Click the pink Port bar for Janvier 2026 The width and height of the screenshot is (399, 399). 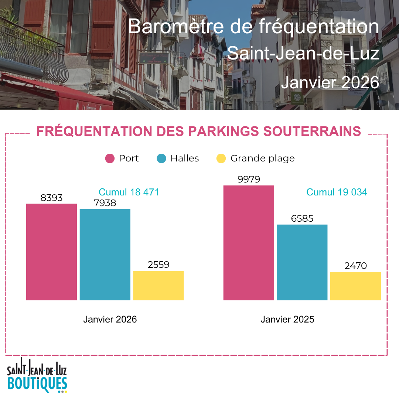[x=51, y=252]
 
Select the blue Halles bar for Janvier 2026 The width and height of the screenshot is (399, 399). [x=105, y=255]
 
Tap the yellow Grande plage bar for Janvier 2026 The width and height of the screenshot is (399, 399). [x=158, y=286]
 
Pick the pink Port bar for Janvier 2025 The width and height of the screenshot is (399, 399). [x=249, y=243]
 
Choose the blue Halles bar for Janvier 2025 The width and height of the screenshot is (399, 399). [x=302, y=262]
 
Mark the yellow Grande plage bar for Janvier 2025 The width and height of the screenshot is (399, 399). [x=355, y=286]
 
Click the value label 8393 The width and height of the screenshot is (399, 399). [x=51, y=198]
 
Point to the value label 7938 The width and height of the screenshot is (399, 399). [x=105, y=203]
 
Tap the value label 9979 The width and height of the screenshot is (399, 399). [x=249, y=179]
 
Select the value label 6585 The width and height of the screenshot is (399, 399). [x=302, y=218]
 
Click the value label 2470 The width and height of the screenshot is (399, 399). [x=355, y=266]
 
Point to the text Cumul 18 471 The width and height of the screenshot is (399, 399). [x=129, y=192]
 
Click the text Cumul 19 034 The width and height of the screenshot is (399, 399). [x=337, y=192]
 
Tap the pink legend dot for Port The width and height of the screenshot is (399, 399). [x=110, y=158]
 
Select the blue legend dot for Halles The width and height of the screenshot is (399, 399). [x=161, y=158]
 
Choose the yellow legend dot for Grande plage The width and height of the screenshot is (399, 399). [x=221, y=158]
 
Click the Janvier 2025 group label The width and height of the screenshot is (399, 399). [x=287, y=319]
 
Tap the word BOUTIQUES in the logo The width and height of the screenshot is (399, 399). [x=37, y=384]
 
